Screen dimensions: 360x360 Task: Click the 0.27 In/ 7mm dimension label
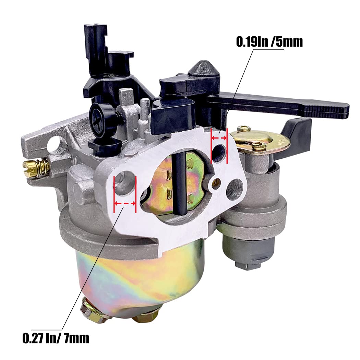(56, 338)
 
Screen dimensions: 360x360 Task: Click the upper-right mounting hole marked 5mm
(219, 152)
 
